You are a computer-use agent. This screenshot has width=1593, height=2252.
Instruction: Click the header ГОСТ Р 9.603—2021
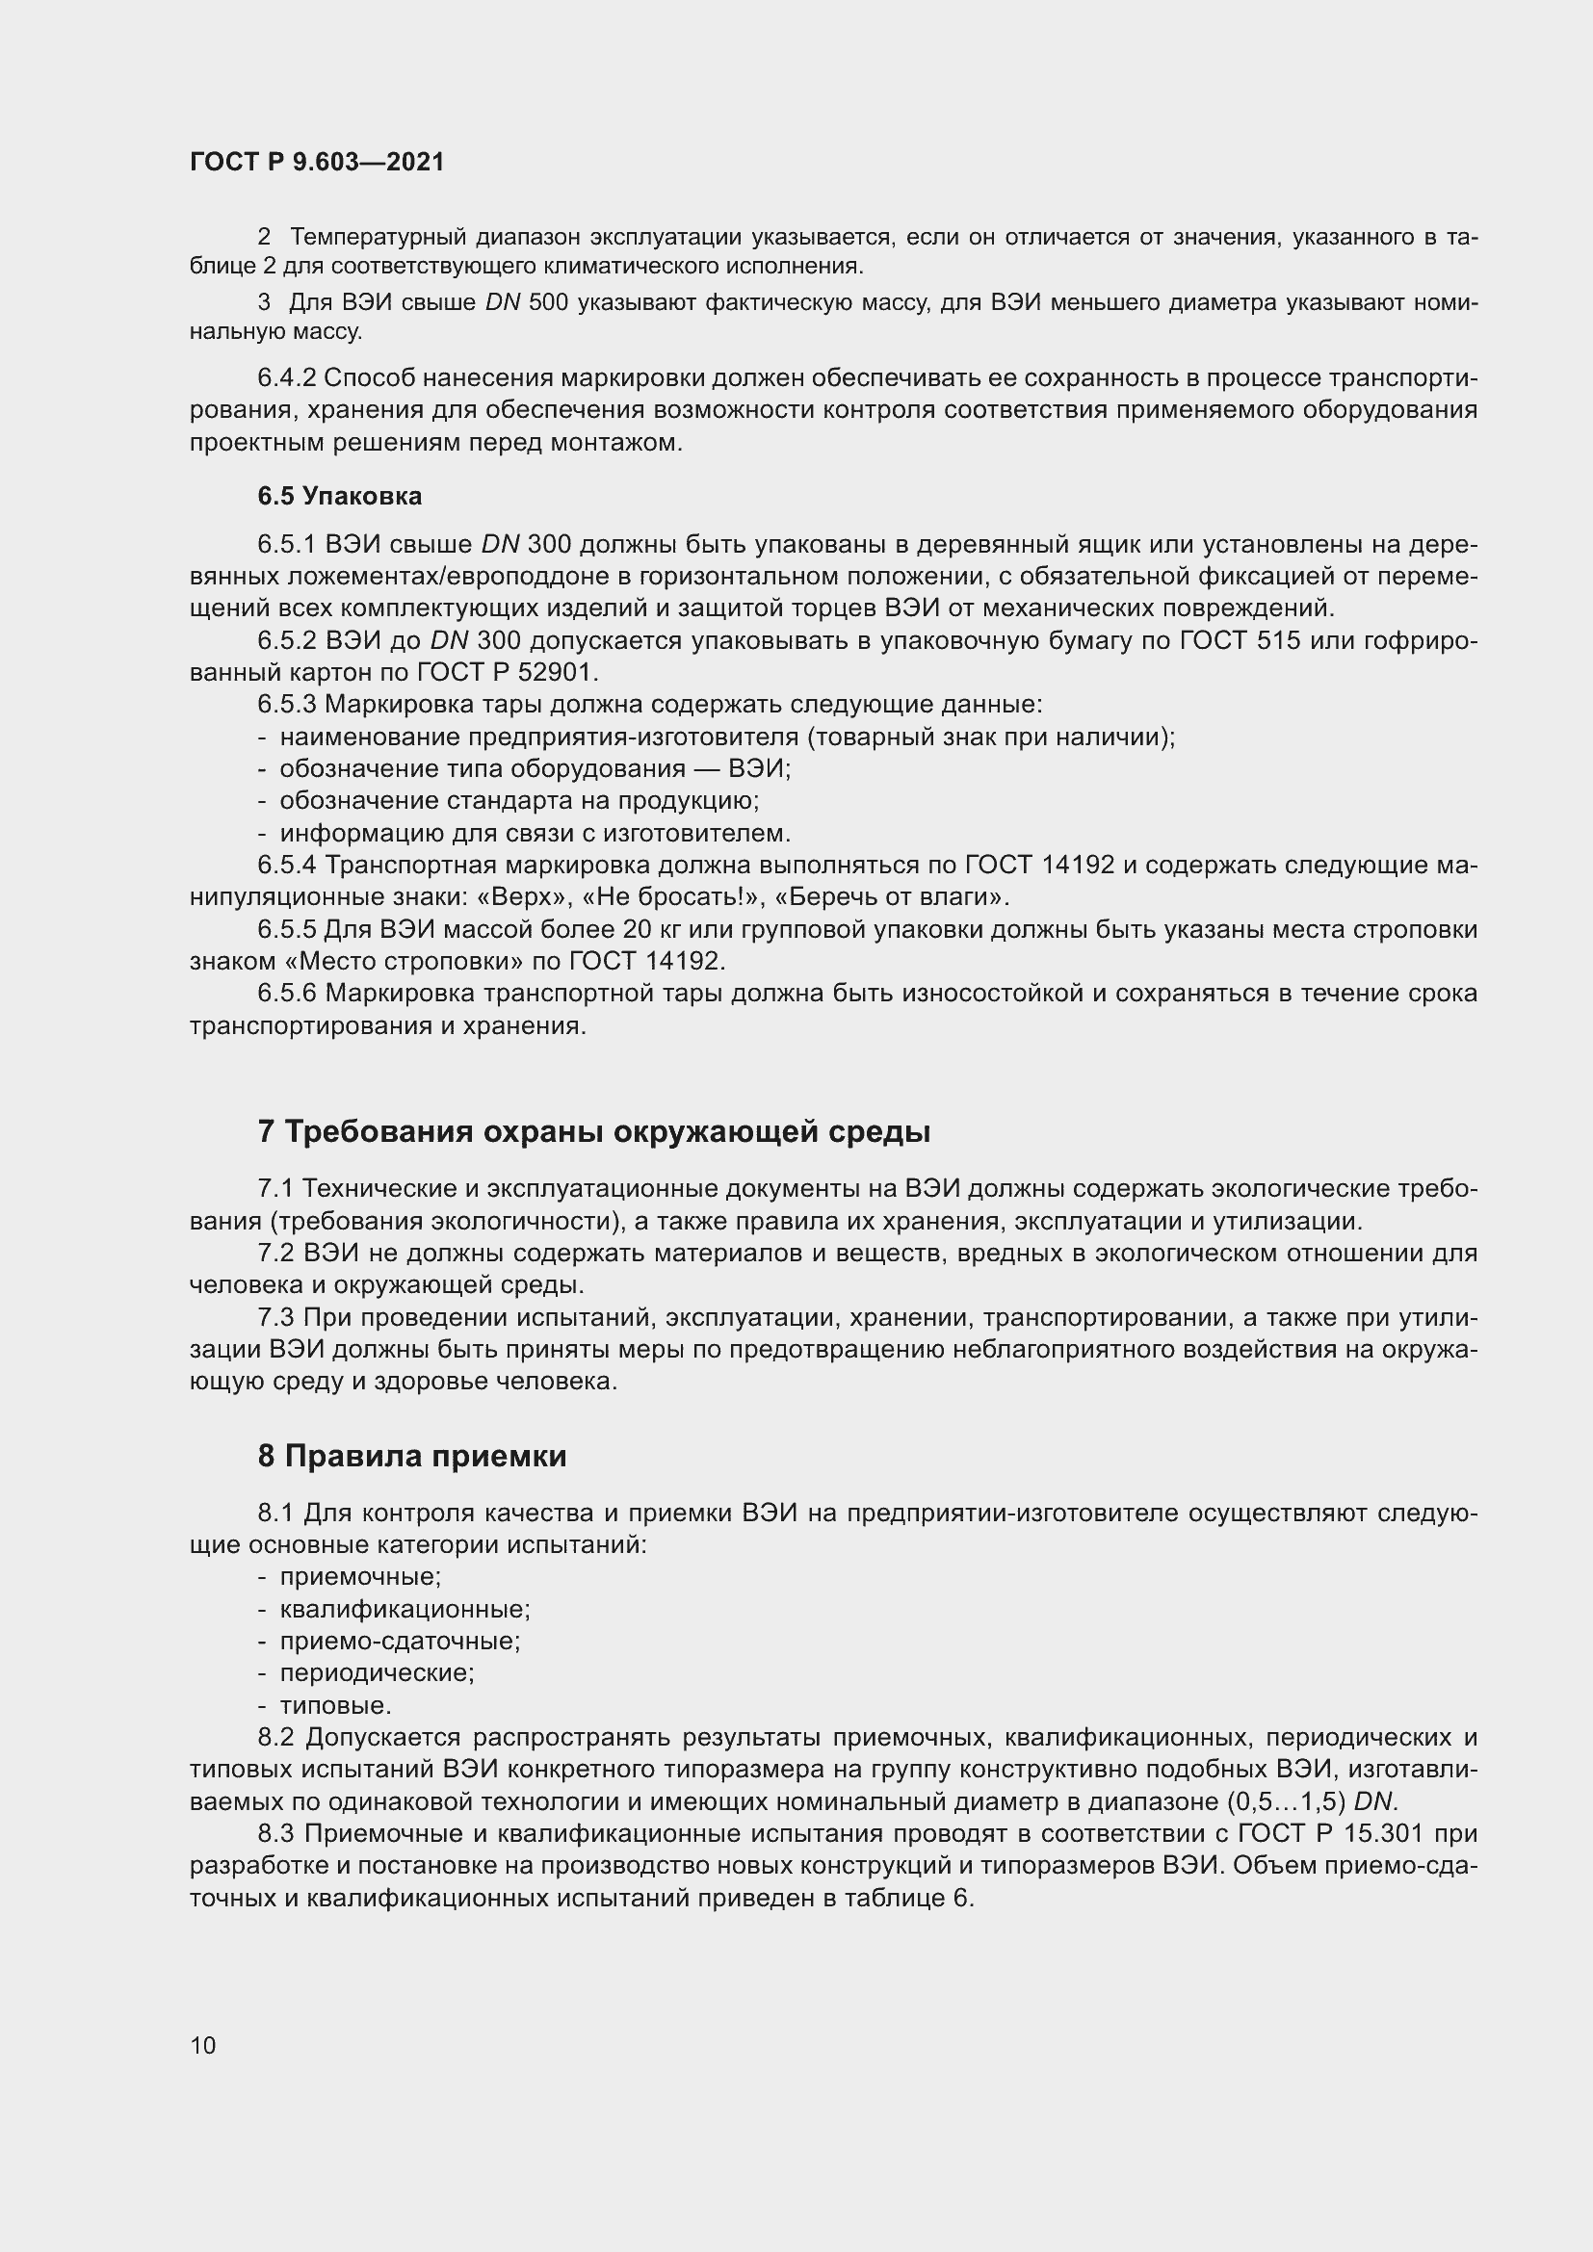point(317,162)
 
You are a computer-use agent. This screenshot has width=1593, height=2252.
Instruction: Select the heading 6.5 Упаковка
point(339,496)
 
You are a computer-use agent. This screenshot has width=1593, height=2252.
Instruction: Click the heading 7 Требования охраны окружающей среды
point(593,1131)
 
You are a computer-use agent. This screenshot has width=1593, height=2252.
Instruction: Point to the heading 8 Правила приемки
point(412,1456)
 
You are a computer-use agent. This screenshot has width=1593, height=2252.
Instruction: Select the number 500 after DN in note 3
point(548,303)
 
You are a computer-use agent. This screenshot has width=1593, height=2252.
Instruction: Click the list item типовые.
point(335,1706)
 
